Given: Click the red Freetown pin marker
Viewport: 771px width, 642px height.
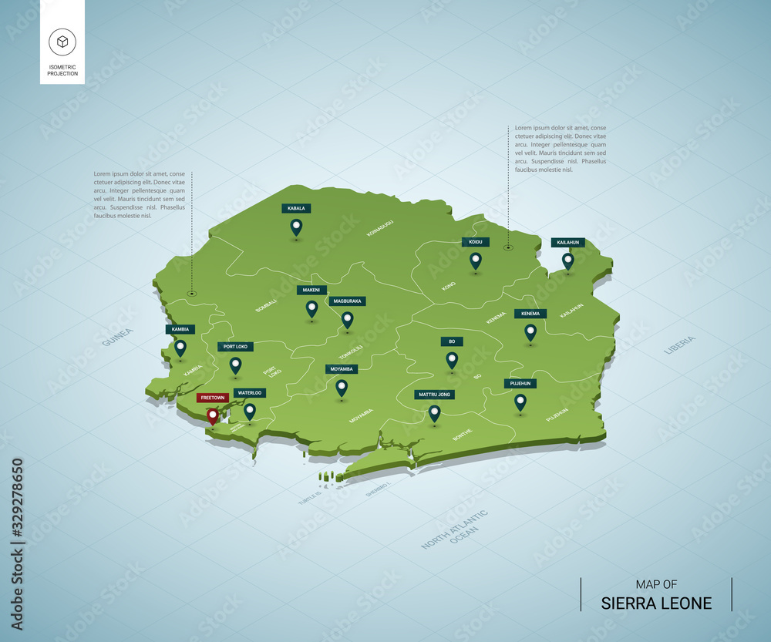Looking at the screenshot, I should [212, 416].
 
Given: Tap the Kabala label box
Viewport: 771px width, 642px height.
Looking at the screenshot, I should [296, 208].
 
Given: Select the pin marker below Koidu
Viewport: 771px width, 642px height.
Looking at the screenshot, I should [476, 260].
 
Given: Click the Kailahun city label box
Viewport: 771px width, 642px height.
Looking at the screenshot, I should [568, 243].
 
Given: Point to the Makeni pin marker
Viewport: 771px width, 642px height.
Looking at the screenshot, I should [311, 308].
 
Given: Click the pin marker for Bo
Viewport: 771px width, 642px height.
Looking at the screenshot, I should [452, 359].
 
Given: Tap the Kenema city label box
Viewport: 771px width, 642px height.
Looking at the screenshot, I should [530, 314].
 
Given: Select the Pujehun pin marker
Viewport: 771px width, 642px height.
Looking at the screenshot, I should [520, 402].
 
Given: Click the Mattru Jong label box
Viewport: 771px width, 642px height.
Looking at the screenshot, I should [434, 395].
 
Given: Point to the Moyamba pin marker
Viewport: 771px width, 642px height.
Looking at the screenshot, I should [342, 387].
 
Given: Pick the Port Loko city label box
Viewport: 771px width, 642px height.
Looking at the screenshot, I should [235, 347].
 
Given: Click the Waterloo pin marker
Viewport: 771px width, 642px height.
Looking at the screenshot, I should [249, 411].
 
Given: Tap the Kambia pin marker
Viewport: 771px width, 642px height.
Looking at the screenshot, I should [180, 348].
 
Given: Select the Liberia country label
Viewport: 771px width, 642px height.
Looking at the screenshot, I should [679, 345].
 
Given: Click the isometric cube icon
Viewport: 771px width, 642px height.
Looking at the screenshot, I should [62, 42].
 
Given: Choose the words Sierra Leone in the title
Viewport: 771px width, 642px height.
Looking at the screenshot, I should [656, 603].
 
